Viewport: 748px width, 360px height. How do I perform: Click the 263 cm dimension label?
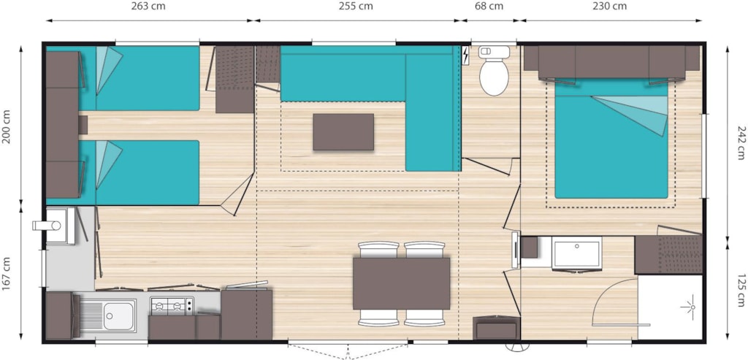click(149, 7)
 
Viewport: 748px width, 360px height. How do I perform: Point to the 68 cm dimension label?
click(489, 7)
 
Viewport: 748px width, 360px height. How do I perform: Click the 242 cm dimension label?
click(740, 142)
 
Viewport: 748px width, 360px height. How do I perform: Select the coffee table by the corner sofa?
click(343, 131)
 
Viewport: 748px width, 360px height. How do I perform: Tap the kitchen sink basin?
click(119, 315)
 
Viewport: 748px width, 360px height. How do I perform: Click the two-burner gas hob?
click(172, 306)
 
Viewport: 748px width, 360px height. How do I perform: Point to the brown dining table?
click(401, 283)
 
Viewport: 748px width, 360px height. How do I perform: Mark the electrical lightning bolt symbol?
click(466, 55)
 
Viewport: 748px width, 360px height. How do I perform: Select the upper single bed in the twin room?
click(123, 78)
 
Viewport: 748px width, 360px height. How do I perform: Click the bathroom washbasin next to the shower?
click(576, 253)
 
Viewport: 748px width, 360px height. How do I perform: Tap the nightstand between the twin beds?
click(83, 125)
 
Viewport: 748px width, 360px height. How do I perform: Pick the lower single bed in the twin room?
click(123, 172)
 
